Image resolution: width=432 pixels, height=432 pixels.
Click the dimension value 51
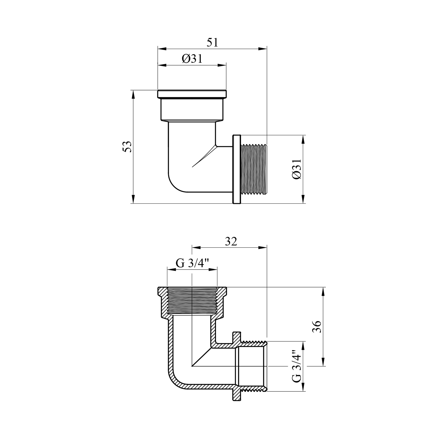click(x=213, y=43)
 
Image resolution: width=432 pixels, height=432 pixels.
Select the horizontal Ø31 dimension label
click(x=192, y=59)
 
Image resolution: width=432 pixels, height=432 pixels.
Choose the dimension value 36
click(x=317, y=327)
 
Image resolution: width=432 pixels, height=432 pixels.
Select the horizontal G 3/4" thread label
click(x=192, y=263)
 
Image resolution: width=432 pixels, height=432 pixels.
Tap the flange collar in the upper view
click(x=236, y=169)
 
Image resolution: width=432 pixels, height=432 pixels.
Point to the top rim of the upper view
click(x=192, y=94)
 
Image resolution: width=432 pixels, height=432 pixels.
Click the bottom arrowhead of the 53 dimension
click(x=133, y=199)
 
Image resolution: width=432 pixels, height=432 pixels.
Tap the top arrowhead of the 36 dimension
click(x=323, y=292)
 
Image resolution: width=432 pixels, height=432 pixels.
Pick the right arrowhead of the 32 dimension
click(x=263, y=247)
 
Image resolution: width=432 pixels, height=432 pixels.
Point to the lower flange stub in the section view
click(x=236, y=394)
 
